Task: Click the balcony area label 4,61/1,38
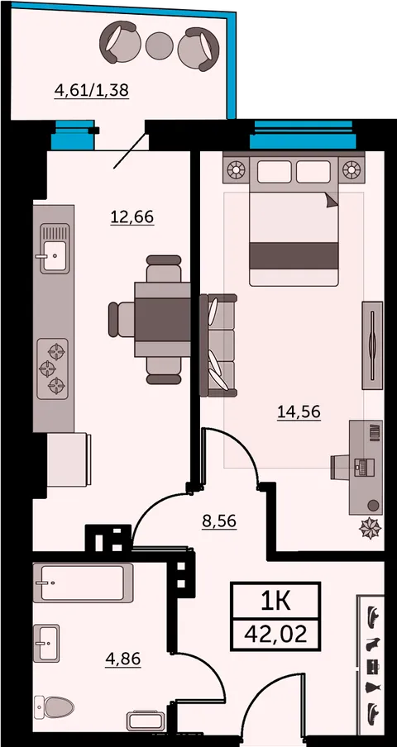(92, 90)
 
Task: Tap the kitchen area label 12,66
(132, 216)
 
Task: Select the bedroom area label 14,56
(299, 412)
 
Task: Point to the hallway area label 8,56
(220, 521)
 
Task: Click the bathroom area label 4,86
(123, 660)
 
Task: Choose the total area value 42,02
(275, 634)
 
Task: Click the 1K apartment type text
(275, 602)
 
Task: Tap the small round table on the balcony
(159, 45)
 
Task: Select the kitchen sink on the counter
(54, 249)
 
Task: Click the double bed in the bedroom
(294, 219)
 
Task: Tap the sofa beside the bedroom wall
(218, 345)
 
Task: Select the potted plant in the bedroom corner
(371, 528)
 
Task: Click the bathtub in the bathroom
(83, 583)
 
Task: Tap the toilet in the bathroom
(54, 707)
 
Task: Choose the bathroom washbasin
(46, 643)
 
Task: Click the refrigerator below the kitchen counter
(69, 459)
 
